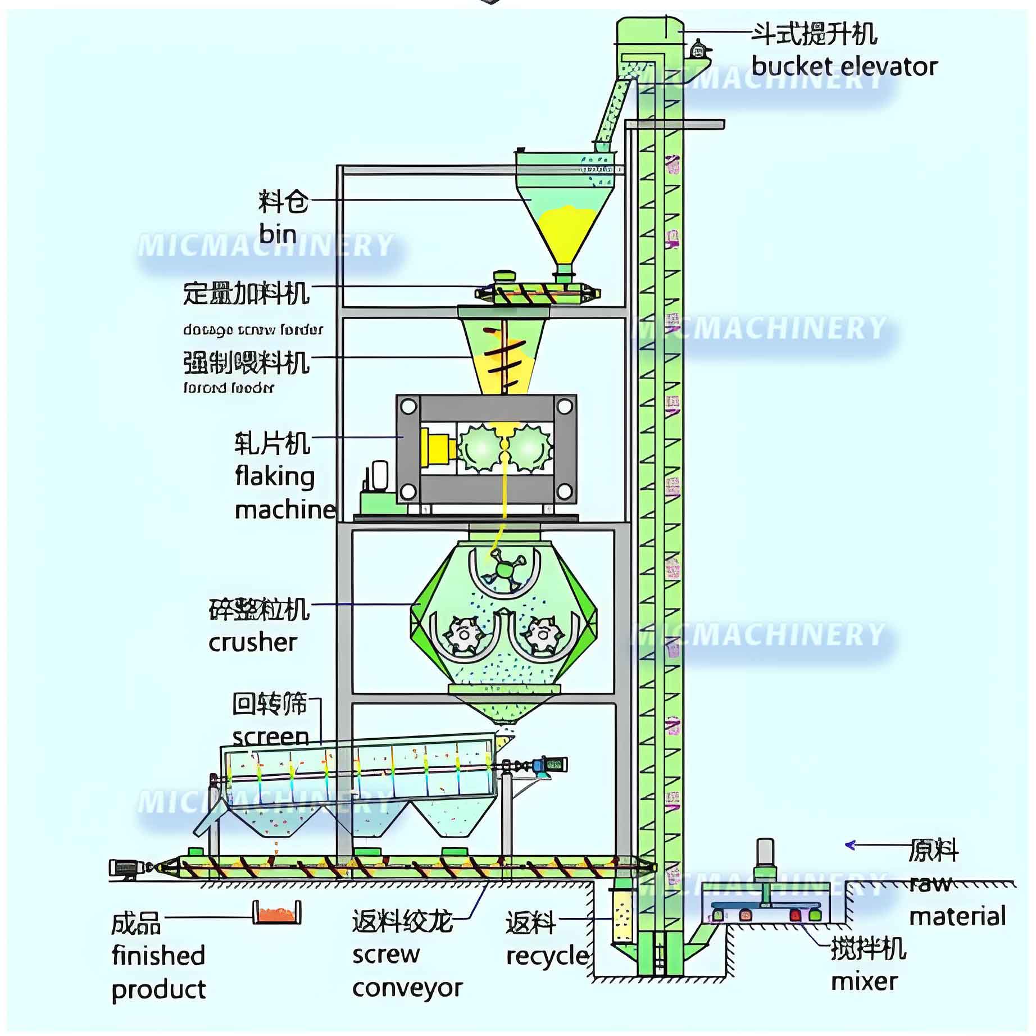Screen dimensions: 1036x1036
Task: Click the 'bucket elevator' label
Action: click(x=844, y=67)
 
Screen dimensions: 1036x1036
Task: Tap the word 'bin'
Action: click(x=278, y=233)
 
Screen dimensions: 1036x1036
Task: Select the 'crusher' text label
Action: click(x=252, y=642)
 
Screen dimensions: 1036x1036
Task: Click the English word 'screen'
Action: click(x=270, y=737)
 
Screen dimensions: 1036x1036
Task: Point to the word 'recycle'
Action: click(x=547, y=956)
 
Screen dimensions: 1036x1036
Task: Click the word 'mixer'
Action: click(x=864, y=981)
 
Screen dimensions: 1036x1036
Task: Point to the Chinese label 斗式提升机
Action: click(x=814, y=34)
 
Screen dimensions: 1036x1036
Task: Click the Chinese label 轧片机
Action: click(x=272, y=443)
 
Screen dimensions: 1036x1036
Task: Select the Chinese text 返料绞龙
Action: click(x=402, y=921)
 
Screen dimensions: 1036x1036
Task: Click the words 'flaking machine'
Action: click(x=284, y=493)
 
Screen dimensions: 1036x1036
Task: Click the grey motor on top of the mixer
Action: click(x=765, y=852)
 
